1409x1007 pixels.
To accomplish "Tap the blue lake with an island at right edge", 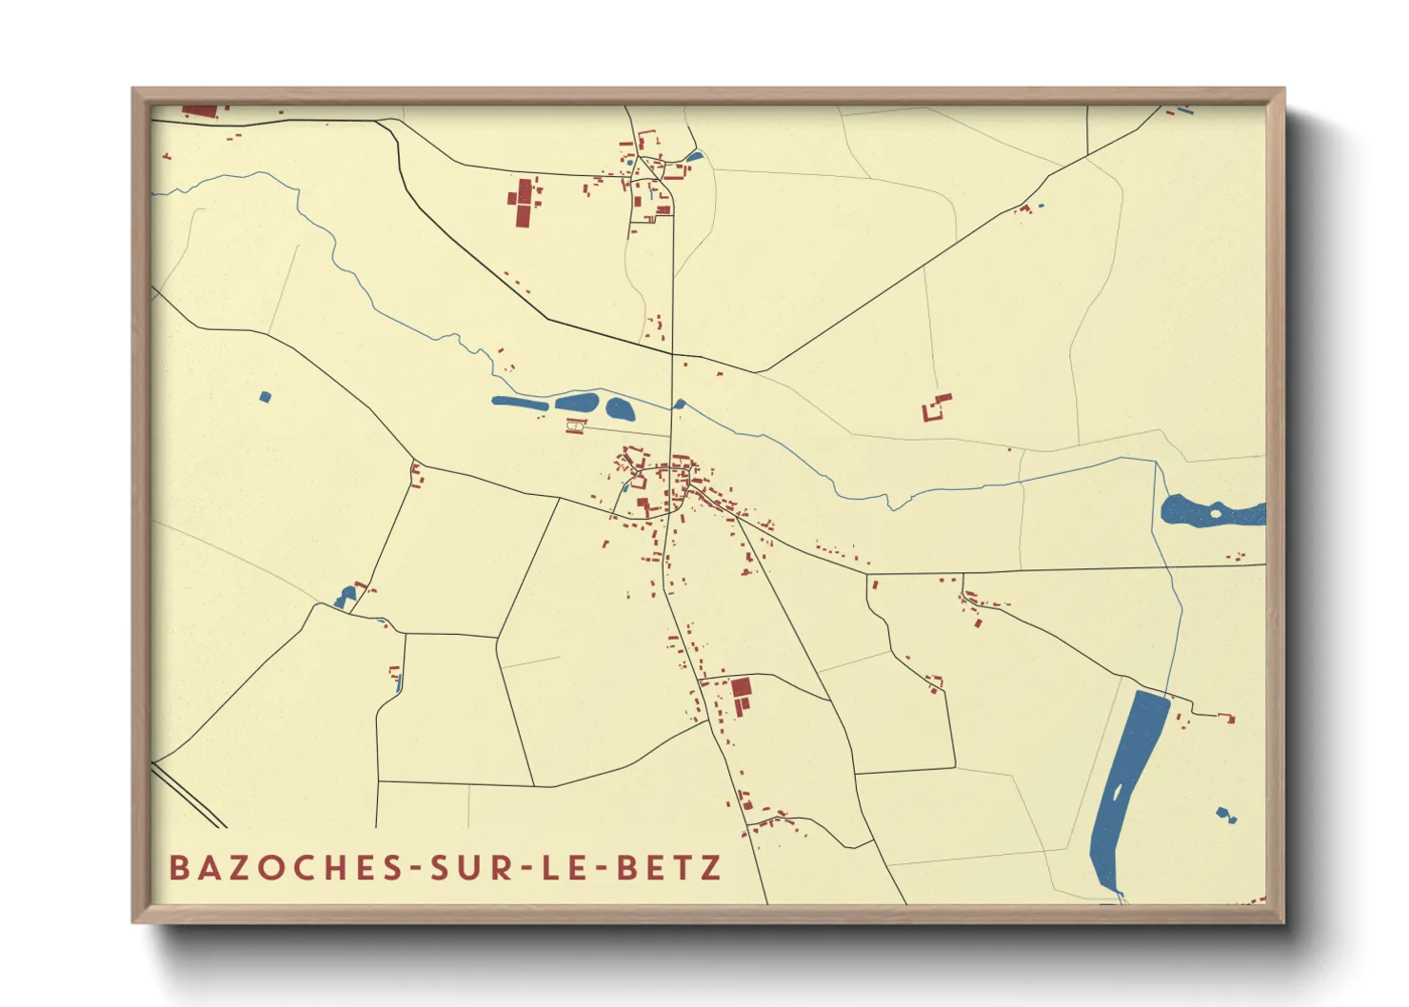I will point(1209,511).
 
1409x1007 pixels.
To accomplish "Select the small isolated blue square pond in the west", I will point(265,396).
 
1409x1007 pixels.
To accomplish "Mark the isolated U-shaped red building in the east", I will point(936,408).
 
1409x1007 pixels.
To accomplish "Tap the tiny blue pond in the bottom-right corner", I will point(1224,814).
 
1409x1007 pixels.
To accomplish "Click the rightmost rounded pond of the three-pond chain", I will point(620,410).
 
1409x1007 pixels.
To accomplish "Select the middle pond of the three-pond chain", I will point(578,403).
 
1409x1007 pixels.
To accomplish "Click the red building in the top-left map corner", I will point(201,111).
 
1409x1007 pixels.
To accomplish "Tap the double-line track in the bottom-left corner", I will point(189,795).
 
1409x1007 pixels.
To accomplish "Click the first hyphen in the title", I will point(412,869).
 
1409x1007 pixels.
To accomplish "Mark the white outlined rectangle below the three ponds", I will point(574,426).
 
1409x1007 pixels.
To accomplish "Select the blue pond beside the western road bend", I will point(345,597).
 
